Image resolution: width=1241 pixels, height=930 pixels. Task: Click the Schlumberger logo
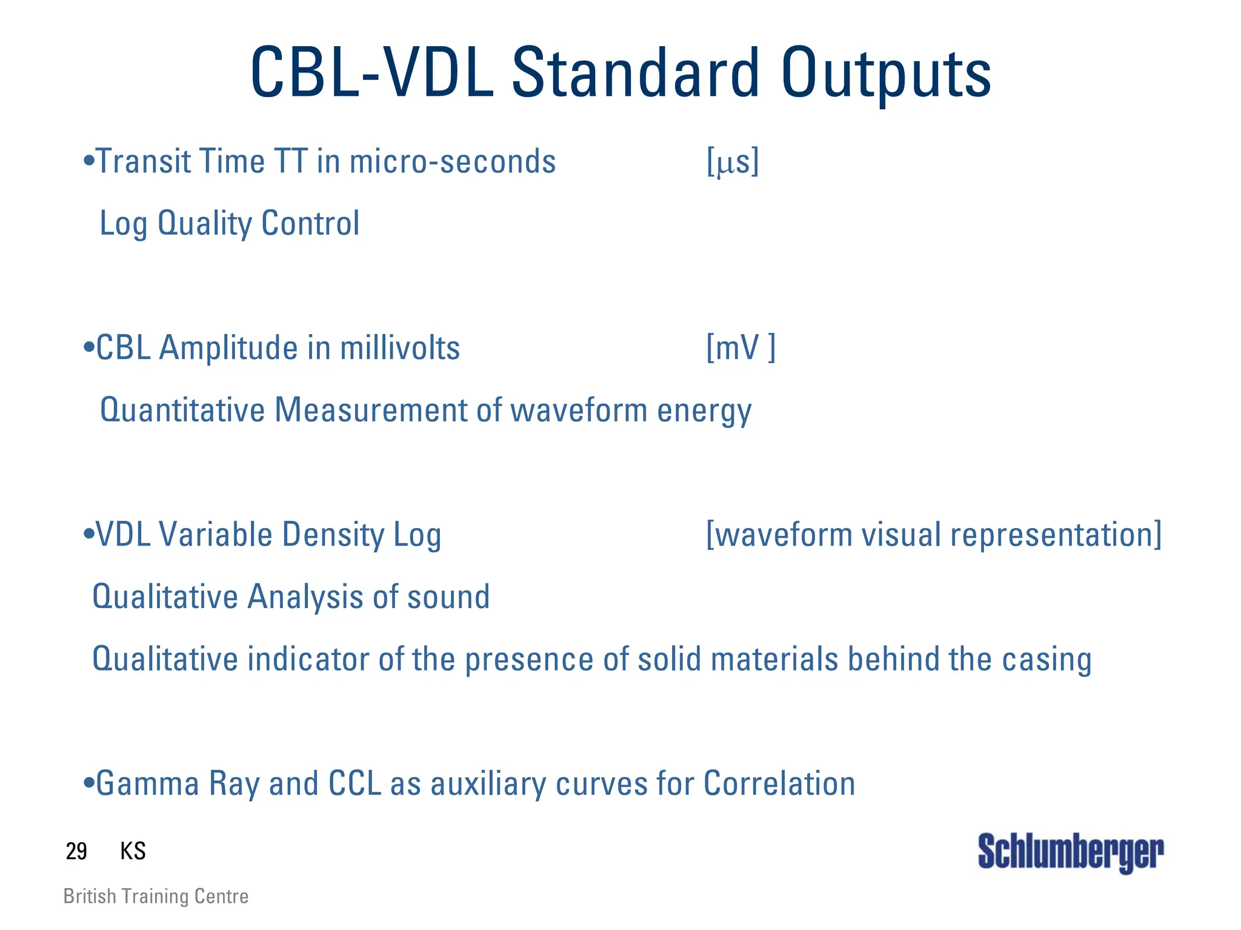(1070, 852)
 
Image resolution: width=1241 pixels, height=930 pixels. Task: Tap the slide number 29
(76, 851)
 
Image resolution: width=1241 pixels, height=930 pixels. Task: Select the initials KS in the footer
(133, 851)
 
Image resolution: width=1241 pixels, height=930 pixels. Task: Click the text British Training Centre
(156, 896)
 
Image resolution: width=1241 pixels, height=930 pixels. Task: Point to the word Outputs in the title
(886, 74)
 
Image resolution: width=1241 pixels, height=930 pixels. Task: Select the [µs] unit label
(733, 162)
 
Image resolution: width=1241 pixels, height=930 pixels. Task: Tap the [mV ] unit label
(740, 348)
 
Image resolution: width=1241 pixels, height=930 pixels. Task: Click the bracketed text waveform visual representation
(934, 535)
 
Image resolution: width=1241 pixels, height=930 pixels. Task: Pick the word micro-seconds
(453, 162)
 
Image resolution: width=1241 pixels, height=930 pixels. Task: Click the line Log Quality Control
(229, 223)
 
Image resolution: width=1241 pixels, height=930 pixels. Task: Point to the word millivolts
(400, 348)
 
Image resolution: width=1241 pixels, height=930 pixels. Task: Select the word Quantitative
(182, 410)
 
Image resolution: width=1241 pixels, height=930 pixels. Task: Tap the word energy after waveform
(704, 411)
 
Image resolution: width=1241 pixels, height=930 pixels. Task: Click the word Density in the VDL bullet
(333, 535)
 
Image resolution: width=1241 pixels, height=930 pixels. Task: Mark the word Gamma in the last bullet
(147, 783)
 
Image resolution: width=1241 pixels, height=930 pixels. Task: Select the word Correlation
(779, 783)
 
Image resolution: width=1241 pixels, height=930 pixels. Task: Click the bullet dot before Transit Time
(89, 161)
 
